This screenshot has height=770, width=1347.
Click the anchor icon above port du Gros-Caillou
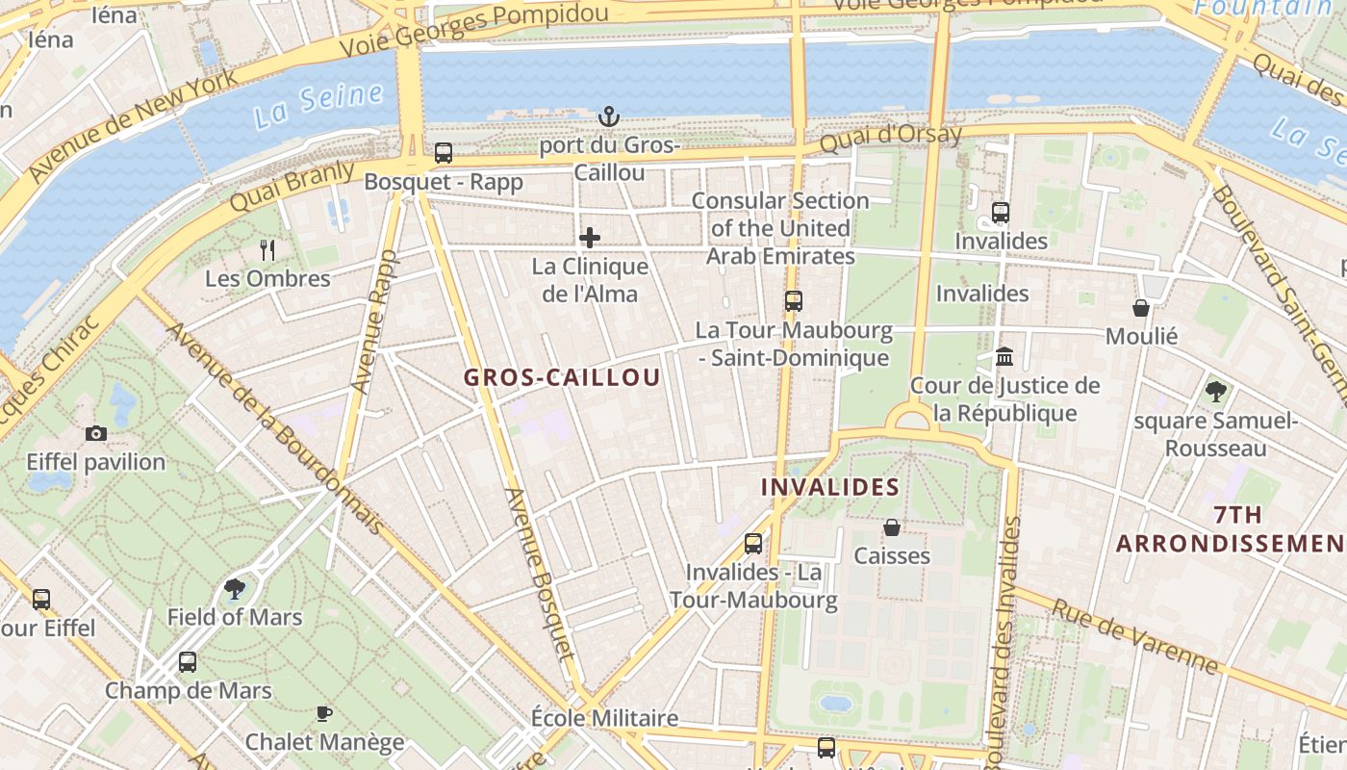tap(608, 116)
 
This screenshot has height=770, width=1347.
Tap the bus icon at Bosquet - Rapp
tap(444, 152)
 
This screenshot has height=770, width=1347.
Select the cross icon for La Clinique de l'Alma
tap(590, 238)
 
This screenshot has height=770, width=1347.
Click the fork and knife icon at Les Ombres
tap(267, 250)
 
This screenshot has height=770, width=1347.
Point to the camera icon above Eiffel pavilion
tap(95, 433)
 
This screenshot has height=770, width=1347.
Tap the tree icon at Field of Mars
tap(234, 588)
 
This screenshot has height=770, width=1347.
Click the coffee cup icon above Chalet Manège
tap(324, 713)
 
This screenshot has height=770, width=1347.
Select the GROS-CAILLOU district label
tap(563, 377)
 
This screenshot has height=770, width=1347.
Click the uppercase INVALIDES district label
tap(829, 487)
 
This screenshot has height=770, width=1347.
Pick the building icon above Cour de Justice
tap(1005, 357)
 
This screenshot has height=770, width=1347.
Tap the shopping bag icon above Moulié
tap(1141, 308)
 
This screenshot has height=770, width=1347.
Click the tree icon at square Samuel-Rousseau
tap(1216, 392)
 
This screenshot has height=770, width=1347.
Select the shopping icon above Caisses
tap(892, 527)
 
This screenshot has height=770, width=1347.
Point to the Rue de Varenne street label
tap(1135, 637)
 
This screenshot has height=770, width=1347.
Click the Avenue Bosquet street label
tap(540, 576)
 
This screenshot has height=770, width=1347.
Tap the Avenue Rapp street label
tap(373, 321)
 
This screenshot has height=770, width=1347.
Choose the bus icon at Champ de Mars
tap(188, 662)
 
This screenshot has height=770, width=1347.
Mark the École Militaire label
tap(604, 718)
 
